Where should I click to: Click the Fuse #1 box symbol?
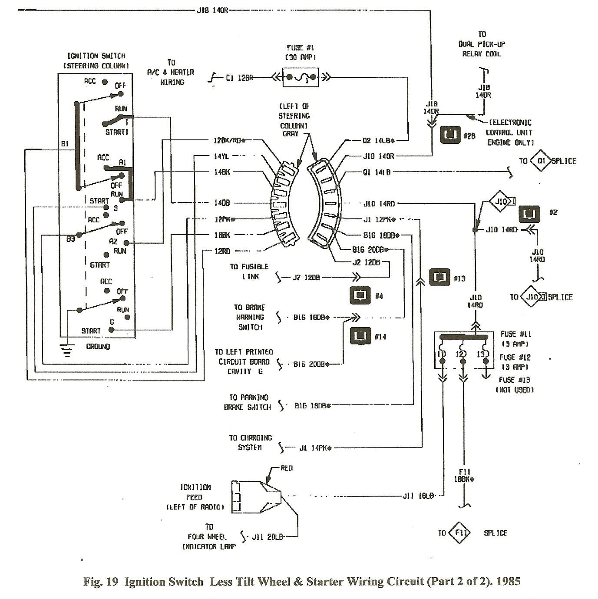[301, 78]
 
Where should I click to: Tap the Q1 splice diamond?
[541, 161]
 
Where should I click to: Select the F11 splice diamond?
[459, 533]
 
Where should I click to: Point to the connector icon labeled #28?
[450, 135]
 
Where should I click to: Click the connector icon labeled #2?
[529, 214]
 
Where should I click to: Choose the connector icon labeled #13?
[439, 277]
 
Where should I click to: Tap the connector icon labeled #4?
[360, 295]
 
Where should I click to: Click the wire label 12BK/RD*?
[229, 140]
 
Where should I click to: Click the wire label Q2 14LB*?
[378, 140]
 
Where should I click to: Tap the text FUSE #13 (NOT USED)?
[515, 385]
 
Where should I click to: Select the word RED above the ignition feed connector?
[287, 468]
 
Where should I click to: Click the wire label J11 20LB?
[268, 537]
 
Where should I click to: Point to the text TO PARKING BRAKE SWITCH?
[248, 403]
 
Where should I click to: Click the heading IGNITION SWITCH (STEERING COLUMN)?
[96, 61]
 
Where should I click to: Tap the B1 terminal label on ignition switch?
[65, 144]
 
